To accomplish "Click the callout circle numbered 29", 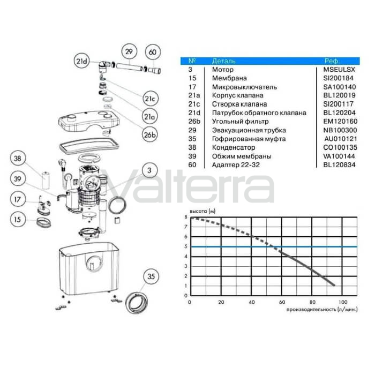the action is coord(129,51).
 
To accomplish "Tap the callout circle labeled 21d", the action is coord(81,61).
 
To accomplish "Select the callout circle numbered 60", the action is coord(153,52).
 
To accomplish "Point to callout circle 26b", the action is coord(150,135).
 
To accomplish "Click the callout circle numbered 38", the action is coord(18,159).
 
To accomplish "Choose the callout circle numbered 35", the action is coord(151,276).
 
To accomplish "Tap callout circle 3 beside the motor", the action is coord(149,170).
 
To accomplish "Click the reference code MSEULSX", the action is coord(339,70).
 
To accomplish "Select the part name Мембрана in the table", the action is coord(229,78).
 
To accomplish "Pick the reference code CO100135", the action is coord(340,147).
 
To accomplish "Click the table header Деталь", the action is coord(223,61).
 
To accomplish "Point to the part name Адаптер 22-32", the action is coord(236,165).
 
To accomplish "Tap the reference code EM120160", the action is coord(340,122).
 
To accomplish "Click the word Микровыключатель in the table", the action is coord(244,87).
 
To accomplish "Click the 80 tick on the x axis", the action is coord(312,302).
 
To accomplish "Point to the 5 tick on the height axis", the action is coord(186,246).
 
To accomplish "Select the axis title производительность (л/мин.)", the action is coord(322,310).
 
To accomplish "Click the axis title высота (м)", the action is coord(202,211).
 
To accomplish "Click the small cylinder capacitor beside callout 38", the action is coord(46,181).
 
